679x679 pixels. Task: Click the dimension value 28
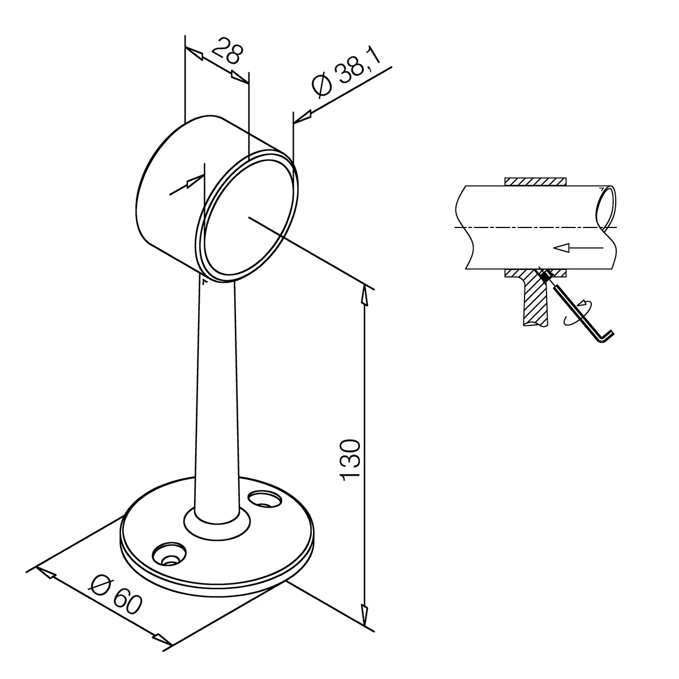click(227, 51)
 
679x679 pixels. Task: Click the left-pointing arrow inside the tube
click(578, 248)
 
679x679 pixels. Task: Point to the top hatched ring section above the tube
click(536, 182)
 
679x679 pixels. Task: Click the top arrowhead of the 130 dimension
click(365, 296)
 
